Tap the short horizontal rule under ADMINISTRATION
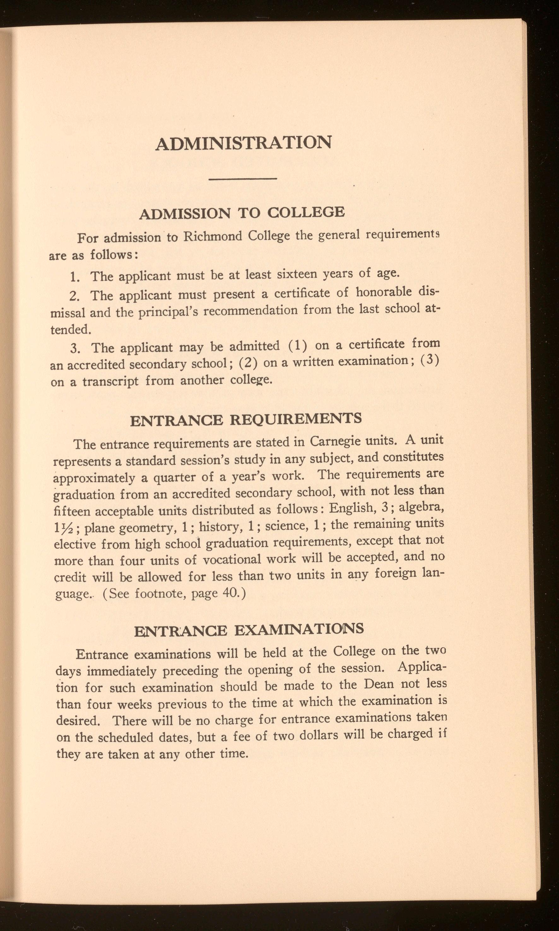coord(243,179)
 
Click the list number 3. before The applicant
coord(75,348)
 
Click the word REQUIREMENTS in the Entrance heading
coord(295,419)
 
